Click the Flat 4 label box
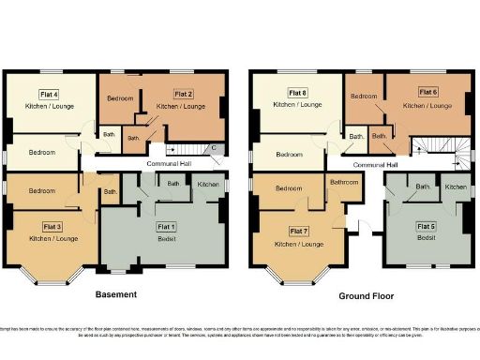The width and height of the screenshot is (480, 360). [50, 94]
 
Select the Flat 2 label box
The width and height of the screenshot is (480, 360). [181, 94]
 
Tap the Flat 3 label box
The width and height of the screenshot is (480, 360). [52, 227]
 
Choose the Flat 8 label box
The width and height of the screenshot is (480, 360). [297, 92]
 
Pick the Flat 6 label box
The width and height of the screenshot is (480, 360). [427, 92]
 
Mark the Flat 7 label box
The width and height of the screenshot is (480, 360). [299, 231]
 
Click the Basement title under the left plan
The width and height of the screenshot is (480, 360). [118, 294]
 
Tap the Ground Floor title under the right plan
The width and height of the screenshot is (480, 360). [367, 295]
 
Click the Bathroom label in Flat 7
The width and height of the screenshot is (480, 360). [344, 183]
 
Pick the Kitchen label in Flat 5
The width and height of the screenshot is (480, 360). [456, 187]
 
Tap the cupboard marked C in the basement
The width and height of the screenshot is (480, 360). [214, 148]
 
